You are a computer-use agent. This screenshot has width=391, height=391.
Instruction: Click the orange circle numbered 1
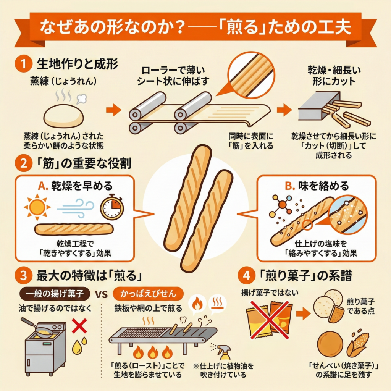point(23,64)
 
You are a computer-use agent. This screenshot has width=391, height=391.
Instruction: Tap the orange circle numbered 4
point(246,276)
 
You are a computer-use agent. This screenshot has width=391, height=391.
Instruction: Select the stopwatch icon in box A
point(112,206)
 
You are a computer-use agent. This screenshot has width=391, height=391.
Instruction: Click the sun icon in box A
point(37,207)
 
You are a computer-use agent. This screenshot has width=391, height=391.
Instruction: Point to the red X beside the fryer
point(79,326)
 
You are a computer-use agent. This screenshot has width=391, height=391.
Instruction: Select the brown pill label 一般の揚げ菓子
point(55,294)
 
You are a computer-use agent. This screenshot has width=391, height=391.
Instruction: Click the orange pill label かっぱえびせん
point(148,294)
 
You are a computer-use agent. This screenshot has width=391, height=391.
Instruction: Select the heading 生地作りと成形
point(77,64)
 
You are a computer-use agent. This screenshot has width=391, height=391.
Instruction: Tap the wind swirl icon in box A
point(76,207)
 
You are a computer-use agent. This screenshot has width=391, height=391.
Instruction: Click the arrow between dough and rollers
point(113,110)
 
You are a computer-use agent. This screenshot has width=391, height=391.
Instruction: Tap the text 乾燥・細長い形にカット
point(334,76)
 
